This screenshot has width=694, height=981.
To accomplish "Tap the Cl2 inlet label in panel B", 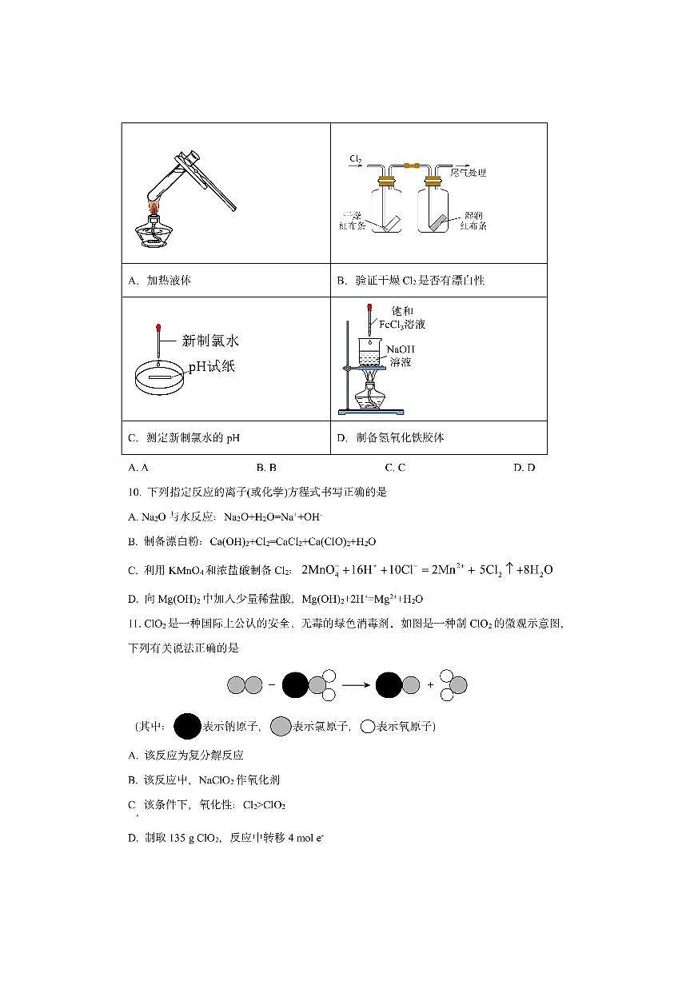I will pyautogui.click(x=356, y=160).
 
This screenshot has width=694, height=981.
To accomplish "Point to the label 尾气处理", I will pyautogui.click(x=469, y=172).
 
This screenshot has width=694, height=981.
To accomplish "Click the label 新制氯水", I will pyautogui.click(x=210, y=341).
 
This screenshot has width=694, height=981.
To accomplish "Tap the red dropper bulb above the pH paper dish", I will pyautogui.click(x=160, y=327).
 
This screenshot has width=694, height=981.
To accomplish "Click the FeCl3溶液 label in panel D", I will pyautogui.click(x=402, y=325).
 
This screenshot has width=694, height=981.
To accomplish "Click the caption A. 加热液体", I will pyautogui.click(x=159, y=281).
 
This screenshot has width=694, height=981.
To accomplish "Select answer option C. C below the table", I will pyautogui.click(x=395, y=468).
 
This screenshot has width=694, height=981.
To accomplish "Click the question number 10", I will pyautogui.click(x=134, y=492).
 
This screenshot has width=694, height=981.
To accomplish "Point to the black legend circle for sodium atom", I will pyautogui.click(x=186, y=726).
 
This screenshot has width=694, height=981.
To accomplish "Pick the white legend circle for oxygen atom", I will pyautogui.click(x=368, y=727).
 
